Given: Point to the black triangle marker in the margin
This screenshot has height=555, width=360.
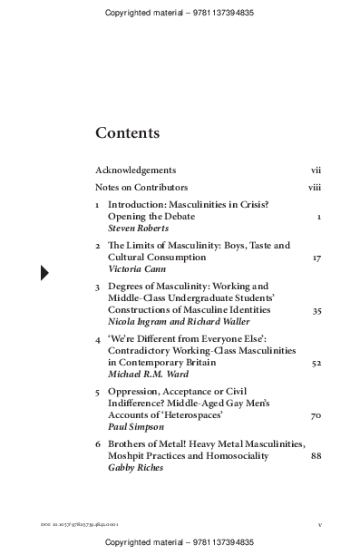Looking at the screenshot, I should (44, 272).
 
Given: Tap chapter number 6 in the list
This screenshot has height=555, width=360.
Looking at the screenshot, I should (98, 443).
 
